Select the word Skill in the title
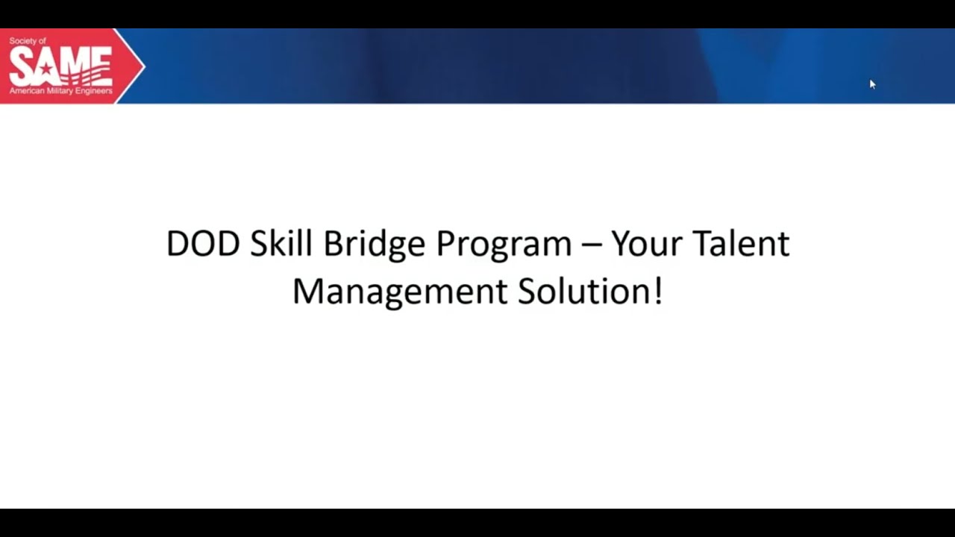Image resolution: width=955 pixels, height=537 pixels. pyautogui.click(x=281, y=245)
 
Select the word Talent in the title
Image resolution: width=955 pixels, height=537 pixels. pyautogui.click(x=741, y=245)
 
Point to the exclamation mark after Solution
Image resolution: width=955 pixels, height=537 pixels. pyautogui.click(x=658, y=291)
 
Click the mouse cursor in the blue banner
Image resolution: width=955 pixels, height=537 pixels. pyautogui.click(x=872, y=84)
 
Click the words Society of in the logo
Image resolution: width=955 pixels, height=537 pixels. pyautogui.click(x=28, y=42)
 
